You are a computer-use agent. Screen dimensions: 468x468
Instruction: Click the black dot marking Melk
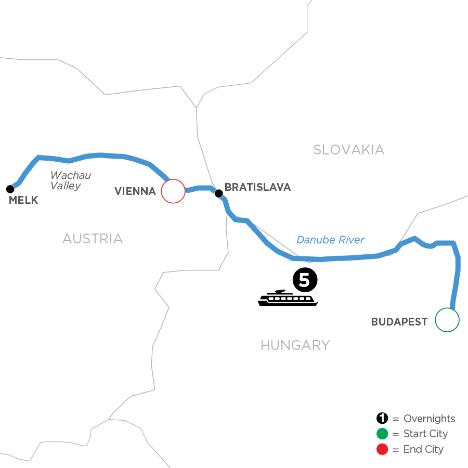pos(9,188)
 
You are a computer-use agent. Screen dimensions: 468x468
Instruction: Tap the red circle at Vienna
pos(173,191)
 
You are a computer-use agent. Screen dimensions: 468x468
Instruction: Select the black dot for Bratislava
pos(219,193)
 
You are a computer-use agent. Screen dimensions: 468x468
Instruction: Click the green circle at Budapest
pos(447,320)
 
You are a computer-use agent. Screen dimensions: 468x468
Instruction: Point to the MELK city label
pos(24,200)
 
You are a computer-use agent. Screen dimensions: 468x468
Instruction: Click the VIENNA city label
pos(135,191)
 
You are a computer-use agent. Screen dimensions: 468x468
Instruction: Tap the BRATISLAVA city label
pos(257,187)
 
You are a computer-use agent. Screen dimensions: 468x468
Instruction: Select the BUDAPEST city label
pos(399,322)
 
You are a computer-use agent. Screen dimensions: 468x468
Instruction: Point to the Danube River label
pos(331,240)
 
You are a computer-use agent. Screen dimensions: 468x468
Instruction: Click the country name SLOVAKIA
pos(348,150)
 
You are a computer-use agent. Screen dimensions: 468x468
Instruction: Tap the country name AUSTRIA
pos(93,239)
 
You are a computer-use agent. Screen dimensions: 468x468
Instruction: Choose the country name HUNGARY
pos(295,345)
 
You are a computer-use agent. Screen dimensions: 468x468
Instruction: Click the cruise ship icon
pos(288,297)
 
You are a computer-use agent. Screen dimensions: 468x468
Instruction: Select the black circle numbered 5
pos(305,280)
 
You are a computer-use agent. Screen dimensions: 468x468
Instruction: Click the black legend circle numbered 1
pos(382,419)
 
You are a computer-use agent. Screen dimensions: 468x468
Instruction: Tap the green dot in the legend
pos(382,434)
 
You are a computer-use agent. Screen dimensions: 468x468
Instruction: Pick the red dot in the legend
pos(382,449)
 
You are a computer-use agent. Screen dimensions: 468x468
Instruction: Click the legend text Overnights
pos(429,419)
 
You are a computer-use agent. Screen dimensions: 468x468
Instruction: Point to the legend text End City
pos(423,449)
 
